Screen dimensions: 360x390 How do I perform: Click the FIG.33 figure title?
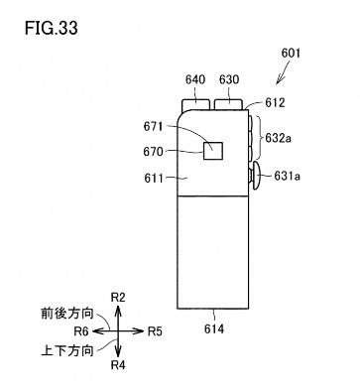pyautogui.click(x=52, y=28)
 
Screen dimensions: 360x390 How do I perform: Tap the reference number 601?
pyautogui.click(x=291, y=54)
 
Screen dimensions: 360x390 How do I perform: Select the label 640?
pyautogui.click(x=195, y=79)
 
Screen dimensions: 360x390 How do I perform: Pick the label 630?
pyautogui.click(x=229, y=79)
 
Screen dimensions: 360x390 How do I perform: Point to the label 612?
pyautogui.click(x=275, y=102)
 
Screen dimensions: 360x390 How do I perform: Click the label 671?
pyautogui.click(x=154, y=126)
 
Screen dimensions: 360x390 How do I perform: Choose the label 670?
pyautogui.click(x=154, y=152)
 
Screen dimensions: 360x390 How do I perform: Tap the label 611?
pyautogui.click(x=154, y=179)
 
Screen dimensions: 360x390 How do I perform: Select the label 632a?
pyautogui.click(x=279, y=138)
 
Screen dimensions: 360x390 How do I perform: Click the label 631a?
pyautogui.click(x=287, y=177)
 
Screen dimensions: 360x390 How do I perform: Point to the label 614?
pyautogui.click(x=214, y=328)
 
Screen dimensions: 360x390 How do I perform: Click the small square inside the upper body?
pyautogui.click(x=213, y=151)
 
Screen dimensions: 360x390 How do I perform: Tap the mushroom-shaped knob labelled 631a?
pyautogui.click(x=255, y=176)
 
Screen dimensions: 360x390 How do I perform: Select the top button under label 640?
pyautogui.click(x=195, y=104)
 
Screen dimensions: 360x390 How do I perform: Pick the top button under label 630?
pyautogui.click(x=229, y=104)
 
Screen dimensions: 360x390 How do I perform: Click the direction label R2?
pyautogui.click(x=118, y=298)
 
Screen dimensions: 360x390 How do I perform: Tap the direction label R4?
pyautogui.click(x=118, y=365)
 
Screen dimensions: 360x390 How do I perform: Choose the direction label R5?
pyautogui.click(x=155, y=331)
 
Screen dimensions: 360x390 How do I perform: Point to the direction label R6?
pyautogui.click(x=81, y=331)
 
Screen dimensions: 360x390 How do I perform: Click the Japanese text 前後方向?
pyautogui.click(x=67, y=314)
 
